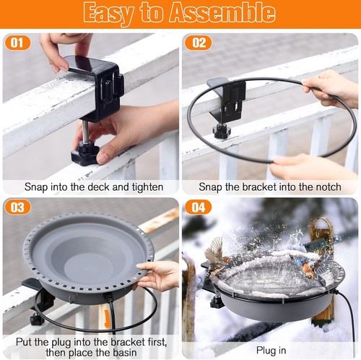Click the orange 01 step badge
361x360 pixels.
tap(17, 43)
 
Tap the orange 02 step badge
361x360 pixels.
tap(198, 43)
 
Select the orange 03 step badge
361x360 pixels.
tap(17, 207)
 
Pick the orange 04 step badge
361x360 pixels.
tap(198, 207)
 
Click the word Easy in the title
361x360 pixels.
tap(109, 14)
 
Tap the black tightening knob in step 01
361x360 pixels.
tap(85, 153)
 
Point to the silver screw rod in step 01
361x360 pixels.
tap(85, 132)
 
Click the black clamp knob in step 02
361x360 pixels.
tap(222, 132)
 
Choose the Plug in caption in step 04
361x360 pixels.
tap(271, 351)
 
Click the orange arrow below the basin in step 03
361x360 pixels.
tap(106, 317)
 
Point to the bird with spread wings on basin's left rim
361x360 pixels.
tap(215, 255)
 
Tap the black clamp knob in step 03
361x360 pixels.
tap(38, 320)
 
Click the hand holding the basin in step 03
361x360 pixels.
tap(157, 275)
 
